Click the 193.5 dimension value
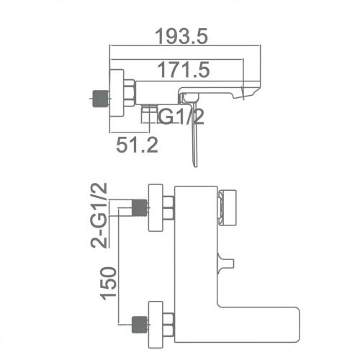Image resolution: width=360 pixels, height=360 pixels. click(x=181, y=36)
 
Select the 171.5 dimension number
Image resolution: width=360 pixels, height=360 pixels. click(x=184, y=70)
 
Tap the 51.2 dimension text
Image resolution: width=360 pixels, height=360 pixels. click(x=138, y=145)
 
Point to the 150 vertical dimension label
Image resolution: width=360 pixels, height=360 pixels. click(x=109, y=283)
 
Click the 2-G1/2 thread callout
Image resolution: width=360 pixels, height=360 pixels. click(x=99, y=215)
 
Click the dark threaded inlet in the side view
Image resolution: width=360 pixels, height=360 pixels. click(x=100, y=98)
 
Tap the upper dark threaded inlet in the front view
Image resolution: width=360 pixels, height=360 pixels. click(x=139, y=207)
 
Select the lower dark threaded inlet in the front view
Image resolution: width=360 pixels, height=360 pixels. click(x=139, y=325)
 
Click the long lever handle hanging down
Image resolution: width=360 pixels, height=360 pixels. click(x=194, y=135)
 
